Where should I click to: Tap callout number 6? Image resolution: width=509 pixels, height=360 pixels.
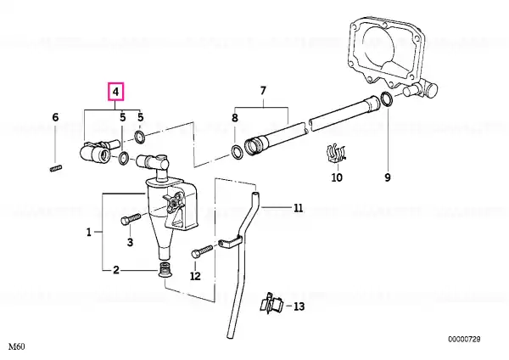(55, 117)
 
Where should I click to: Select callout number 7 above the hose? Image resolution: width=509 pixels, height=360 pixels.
(263, 91)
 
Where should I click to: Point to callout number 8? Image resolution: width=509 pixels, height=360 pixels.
(234, 120)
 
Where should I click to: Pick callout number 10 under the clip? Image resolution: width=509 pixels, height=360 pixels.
(336, 177)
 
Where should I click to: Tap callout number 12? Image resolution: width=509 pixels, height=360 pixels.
(194, 276)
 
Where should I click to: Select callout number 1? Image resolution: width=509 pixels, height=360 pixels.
(89, 231)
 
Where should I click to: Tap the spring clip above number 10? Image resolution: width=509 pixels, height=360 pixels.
(337, 155)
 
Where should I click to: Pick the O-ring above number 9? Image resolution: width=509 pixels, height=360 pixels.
(387, 100)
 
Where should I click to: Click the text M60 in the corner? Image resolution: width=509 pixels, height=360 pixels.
(16, 347)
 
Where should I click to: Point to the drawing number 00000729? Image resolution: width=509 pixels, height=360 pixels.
(464, 339)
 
